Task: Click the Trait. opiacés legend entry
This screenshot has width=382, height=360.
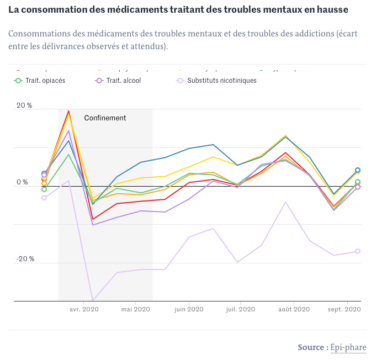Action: point(44,81)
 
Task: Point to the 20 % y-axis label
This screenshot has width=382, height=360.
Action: point(24,105)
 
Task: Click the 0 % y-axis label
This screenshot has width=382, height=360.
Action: point(22,182)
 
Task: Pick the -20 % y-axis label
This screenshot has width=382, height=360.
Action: point(24,259)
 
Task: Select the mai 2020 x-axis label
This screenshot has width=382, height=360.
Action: point(135,310)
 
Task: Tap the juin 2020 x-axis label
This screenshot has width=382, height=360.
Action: point(189,310)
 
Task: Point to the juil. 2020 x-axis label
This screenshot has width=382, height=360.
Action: point(241,310)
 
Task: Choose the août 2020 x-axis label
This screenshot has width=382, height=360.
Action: point(293,310)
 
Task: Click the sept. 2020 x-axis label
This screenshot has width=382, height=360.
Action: point(345,310)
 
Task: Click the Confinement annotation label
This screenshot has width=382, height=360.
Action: point(105,118)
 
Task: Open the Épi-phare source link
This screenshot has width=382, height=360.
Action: point(348,347)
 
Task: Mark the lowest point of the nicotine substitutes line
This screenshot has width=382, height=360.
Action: point(93,300)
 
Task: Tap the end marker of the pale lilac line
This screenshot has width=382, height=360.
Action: point(358,251)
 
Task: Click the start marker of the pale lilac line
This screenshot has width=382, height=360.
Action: point(44,198)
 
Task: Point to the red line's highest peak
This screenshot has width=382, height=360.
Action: point(68,111)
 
